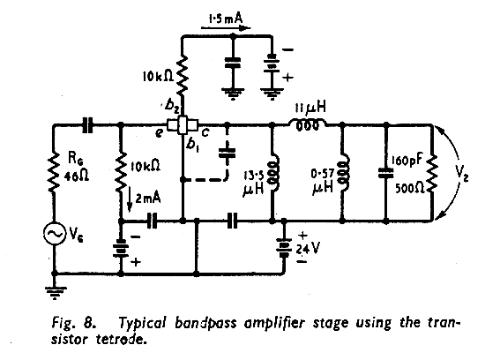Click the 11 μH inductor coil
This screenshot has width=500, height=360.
306,124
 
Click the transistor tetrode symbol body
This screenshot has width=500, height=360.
183,125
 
